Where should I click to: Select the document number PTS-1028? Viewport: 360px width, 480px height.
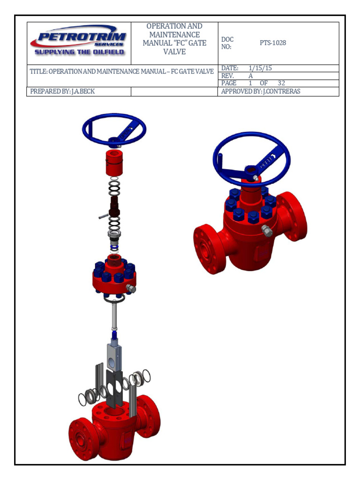tap(272, 43)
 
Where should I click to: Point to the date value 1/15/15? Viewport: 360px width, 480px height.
tap(260, 68)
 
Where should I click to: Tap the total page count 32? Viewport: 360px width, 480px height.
tap(281, 83)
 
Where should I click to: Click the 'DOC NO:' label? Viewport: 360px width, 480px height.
tap(227, 43)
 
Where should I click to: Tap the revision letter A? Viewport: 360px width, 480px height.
tap(250, 76)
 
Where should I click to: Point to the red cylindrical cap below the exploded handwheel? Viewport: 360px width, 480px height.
tap(113, 163)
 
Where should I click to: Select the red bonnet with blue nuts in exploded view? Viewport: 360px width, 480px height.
tap(114, 277)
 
